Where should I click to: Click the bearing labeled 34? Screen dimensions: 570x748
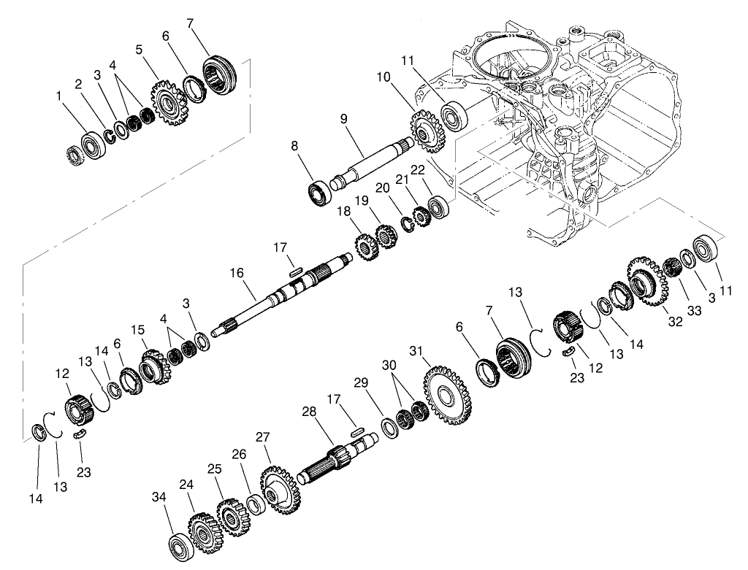click(x=180, y=547)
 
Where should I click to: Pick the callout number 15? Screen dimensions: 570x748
click(x=136, y=330)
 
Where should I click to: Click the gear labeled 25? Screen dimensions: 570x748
click(x=232, y=517)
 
